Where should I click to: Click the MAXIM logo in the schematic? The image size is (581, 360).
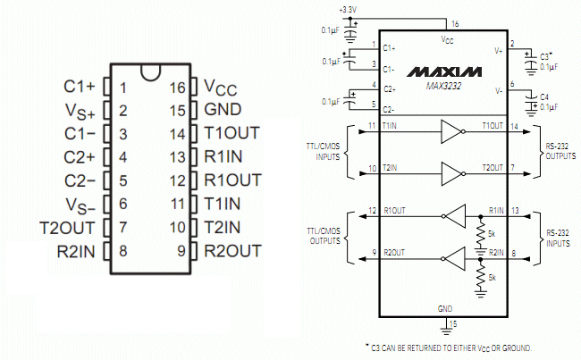pos(444,71)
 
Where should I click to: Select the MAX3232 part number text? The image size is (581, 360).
pos(444,86)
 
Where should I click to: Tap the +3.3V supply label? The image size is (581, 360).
pos(348,10)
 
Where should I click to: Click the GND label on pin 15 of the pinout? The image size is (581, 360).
pos(223,109)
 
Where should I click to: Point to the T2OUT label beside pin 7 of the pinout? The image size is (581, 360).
pos(67,228)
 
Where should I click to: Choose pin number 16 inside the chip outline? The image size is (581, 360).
pos(177,88)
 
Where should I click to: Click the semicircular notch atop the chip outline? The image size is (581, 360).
pos(151,72)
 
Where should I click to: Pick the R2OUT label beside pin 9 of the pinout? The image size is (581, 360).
pos(233,251)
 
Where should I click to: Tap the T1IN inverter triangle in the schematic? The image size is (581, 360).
pos(452,131)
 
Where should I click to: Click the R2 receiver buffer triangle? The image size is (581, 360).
pos(455,258)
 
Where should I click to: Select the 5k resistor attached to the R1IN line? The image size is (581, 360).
pos(481,234)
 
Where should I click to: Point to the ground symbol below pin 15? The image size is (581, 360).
pos(446,330)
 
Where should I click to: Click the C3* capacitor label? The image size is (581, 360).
pos(546,56)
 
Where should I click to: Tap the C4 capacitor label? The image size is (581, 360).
pos(544,97)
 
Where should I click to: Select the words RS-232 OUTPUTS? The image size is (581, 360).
pos(560,151)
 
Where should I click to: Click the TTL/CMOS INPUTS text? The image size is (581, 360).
pos(323,152)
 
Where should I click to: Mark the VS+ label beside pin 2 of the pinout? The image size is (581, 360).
pos(80,112)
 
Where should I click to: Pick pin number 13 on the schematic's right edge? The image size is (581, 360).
pos(515,210)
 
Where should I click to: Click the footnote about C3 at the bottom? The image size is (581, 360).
pos(449,348)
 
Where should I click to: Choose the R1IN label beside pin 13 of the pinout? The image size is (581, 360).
pos(223,156)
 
